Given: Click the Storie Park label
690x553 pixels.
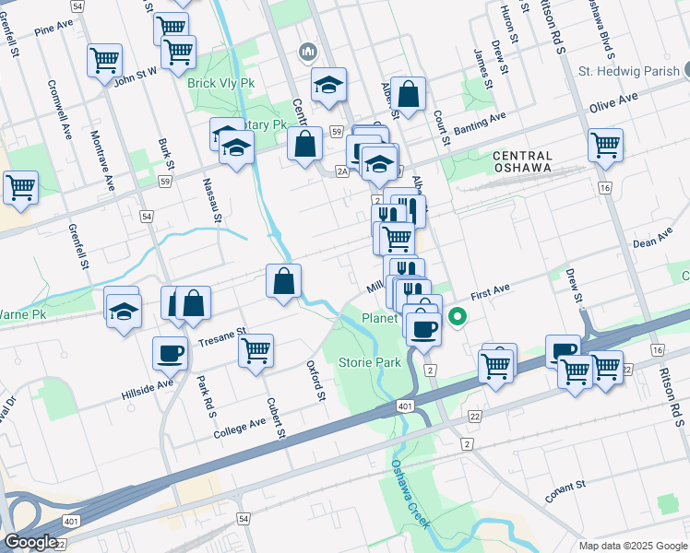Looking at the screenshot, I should pyautogui.click(x=370, y=362).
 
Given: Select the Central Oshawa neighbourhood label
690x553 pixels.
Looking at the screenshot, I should pyautogui.click(x=522, y=162).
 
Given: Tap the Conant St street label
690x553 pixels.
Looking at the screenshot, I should pyautogui.click(x=565, y=491).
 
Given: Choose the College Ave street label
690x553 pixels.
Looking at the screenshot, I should pyautogui.click(x=239, y=428).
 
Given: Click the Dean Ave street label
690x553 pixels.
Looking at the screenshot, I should pyautogui.click(x=652, y=242).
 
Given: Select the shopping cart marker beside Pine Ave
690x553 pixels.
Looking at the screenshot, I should pyautogui.click(x=105, y=61).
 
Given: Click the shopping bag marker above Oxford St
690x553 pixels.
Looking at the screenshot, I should pyautogui.click(x=285, y=281).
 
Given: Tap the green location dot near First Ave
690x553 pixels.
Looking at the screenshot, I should pyautogui.click(x=457, y=320).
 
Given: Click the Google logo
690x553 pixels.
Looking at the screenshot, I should pyautogui.click(x=30, y=542).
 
